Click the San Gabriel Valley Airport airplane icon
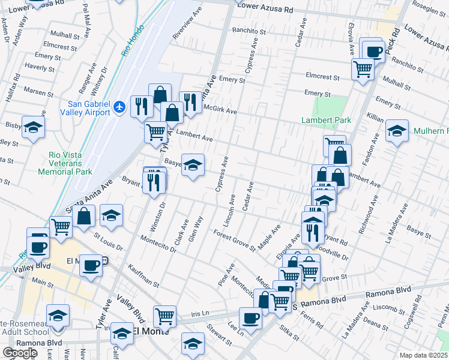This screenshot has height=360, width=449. click(120, 107)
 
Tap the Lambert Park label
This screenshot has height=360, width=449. click(326, 121)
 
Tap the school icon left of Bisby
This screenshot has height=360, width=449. click(34, 127)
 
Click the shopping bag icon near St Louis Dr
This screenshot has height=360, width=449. click(85, 216)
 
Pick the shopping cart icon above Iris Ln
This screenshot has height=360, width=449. click(164, 315)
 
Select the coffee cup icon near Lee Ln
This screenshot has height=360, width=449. click(250, 317)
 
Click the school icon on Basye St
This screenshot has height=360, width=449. click(193, 164)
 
